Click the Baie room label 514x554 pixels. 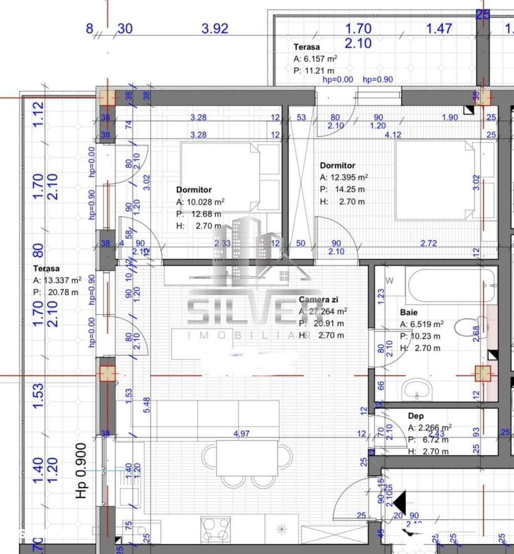(x=409, y=312)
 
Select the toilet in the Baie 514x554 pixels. (x=468, y=326)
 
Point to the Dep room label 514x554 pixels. (x=416, y=416)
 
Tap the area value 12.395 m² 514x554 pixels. (x=348, y=177)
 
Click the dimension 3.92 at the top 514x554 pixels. (x=215, y=29)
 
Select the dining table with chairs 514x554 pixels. (x=246, y=458)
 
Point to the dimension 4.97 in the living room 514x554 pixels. (x=241, y=434)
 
